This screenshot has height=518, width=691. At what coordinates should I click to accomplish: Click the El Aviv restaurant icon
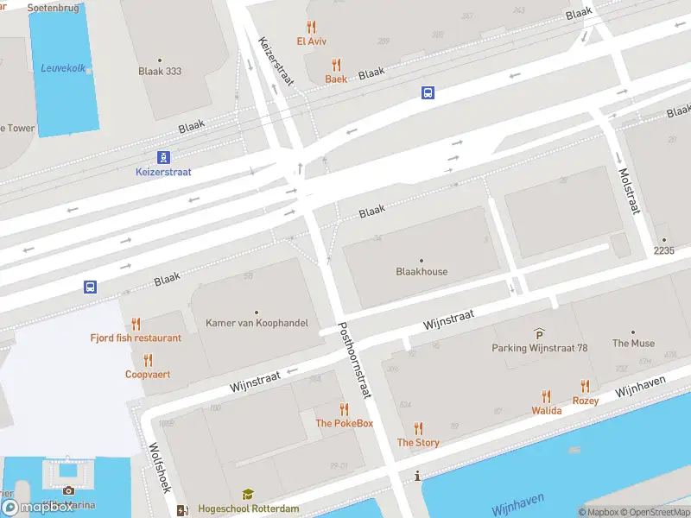tap(311, 27)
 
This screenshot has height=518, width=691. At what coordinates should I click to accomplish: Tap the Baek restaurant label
tap(336, 79)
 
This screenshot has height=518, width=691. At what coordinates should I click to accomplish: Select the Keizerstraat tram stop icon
tap(163, 157)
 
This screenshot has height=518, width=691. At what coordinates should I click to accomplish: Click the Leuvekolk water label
tap(63, 68)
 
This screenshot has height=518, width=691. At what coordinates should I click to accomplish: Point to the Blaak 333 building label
tap(160, 72)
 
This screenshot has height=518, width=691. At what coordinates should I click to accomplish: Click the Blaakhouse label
tap(422, 271)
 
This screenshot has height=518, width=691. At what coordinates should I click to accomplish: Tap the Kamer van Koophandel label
tap(257, 323)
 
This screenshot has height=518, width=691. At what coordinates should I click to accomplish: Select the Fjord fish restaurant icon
tap(136, 324)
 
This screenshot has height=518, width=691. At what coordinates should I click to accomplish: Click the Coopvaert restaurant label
tap(148, 375)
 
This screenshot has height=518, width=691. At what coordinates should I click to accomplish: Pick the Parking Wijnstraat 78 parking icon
tap(540, 334)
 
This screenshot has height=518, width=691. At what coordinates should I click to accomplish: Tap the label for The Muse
tap(633, 343)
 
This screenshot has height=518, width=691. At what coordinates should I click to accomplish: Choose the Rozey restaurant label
tap(586, 401)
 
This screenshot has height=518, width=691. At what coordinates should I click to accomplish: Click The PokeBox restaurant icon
tap(344, 409)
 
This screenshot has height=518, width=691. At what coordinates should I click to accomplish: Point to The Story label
tap(418, 442)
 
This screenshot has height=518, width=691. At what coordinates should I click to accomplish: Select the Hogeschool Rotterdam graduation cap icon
tap(248, 495)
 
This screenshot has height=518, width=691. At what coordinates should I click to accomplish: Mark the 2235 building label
tap(663, 250)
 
